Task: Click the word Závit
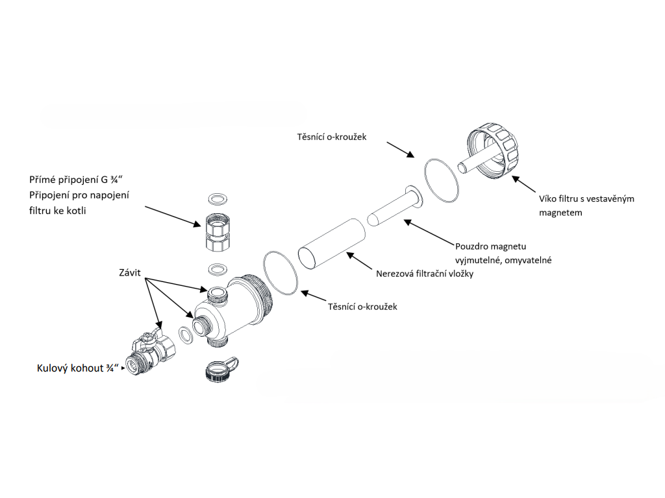click(x=130, y=273)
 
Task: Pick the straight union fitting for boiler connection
click(x=218, y=233)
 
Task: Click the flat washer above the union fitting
click(x=218, y=198)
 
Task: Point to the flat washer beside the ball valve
click(x=186, y=335)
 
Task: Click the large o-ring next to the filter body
click(x=281, y=273)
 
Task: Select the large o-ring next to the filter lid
click(x=442, y=181)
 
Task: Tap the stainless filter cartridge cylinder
click(x=332, y=244)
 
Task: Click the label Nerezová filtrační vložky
click(x=425, y=274)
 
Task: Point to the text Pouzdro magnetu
click(x=491, y=246)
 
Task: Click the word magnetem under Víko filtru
click(x=560, y=213)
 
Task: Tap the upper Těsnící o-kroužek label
click(x=332, y=137)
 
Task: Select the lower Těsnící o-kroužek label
click(x=362, y=307)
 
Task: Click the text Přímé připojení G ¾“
click(x=76, y=180)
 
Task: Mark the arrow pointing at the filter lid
click(x=524, y=184)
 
